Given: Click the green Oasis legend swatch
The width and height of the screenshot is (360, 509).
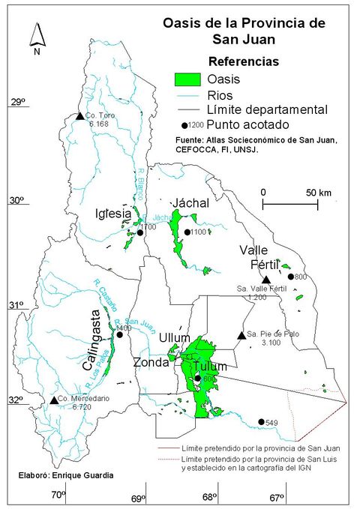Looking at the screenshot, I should click(x=187, y=79).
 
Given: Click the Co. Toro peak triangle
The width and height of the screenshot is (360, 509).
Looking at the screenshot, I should click(x=79, y=115).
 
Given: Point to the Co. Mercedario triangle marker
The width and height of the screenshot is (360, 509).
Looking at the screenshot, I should click(x=54, y=400).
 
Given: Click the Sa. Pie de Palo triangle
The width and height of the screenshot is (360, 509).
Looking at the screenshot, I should click(x=241, y=335).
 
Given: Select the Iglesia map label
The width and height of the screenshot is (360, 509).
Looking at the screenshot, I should click(x=114, y=214).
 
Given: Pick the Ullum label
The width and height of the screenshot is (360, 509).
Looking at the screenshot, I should click(x=174, y=339).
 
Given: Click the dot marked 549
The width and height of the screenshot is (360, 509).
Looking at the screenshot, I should click(x=261, y=422).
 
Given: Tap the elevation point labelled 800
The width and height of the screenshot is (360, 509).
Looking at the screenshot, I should click(x=291, y=277).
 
